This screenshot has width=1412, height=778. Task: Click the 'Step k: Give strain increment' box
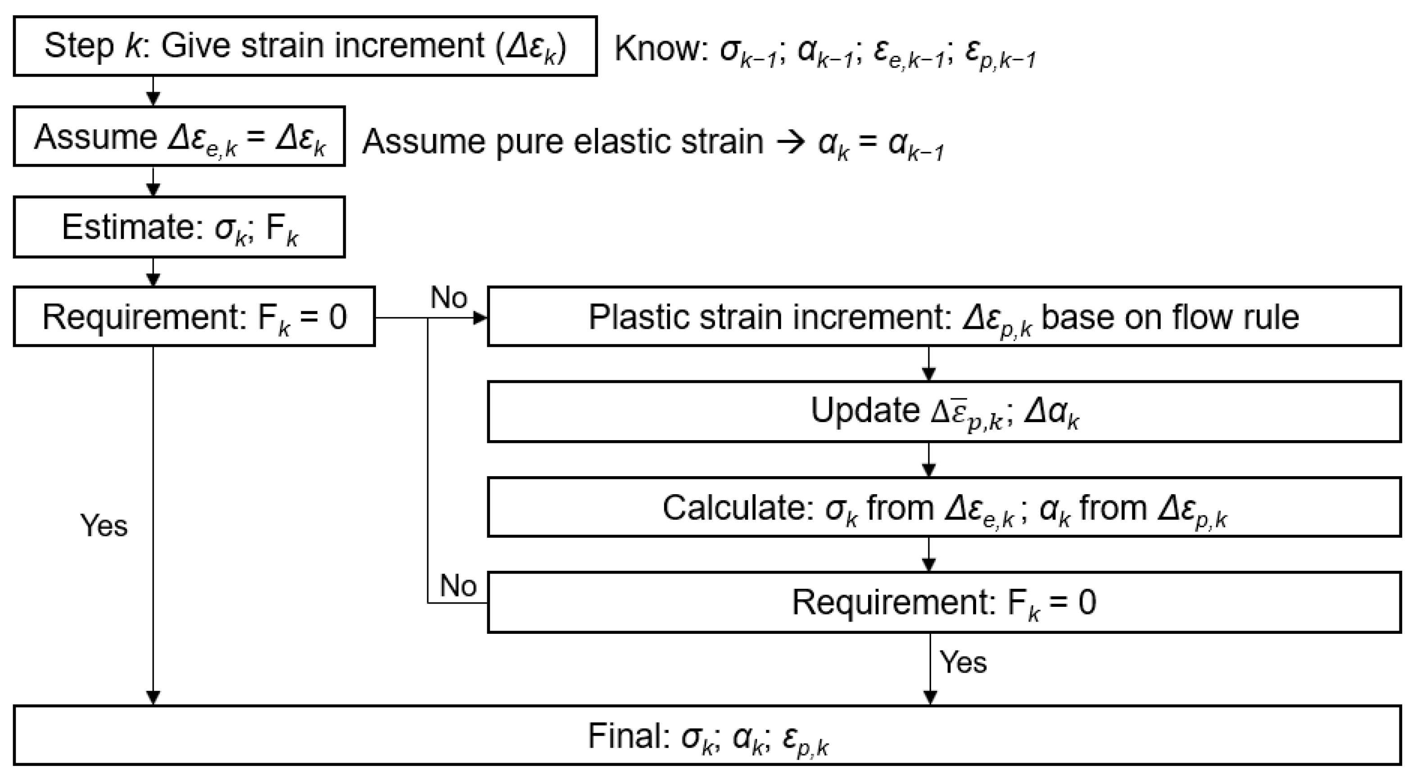[305, 46]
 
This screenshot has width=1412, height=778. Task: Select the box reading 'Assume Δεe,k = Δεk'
[179, 136]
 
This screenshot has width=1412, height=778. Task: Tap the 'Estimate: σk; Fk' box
[179, 227]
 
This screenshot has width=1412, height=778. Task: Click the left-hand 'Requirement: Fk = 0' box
[194, 317]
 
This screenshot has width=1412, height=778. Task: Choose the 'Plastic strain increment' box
[944, 317]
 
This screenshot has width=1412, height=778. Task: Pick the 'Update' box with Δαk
[944, 412]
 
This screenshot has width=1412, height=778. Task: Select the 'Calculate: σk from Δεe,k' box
[944, 508]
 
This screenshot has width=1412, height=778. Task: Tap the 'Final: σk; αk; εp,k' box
[707, 736]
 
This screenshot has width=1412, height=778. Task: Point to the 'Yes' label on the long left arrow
[104, 526]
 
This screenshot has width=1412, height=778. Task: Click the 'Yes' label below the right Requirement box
[963, 662]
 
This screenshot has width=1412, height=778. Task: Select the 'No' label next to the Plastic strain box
[449, 298]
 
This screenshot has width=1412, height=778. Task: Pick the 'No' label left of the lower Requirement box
[458, 586]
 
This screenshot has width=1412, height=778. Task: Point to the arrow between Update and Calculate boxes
[928, 460]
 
